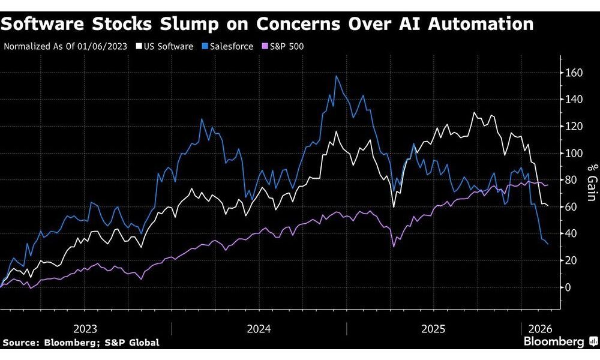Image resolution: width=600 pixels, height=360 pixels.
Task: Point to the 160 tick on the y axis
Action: (575, 73)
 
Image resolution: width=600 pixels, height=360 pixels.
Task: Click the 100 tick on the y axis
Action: (575, 154)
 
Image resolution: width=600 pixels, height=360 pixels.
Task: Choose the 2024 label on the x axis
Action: (259, 329)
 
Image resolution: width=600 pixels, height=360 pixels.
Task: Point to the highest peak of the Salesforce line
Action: (336, 76)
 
